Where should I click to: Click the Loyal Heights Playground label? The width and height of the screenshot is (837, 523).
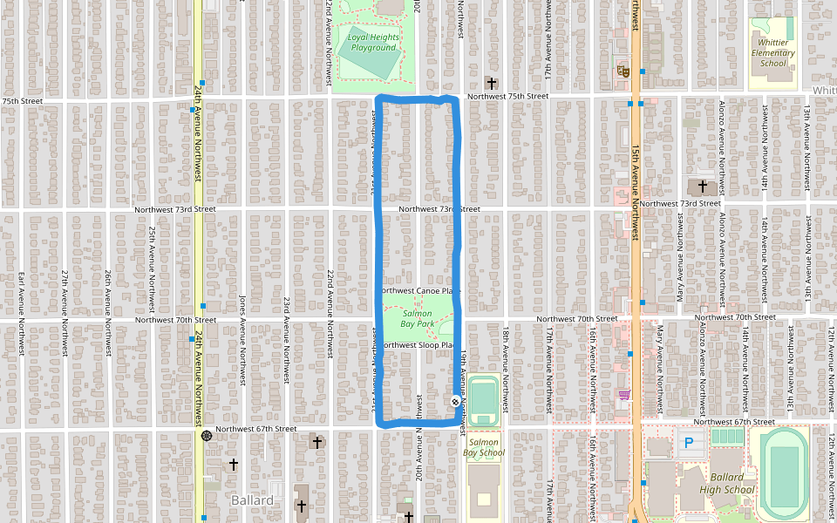373,43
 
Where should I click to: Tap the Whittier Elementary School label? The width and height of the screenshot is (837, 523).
773,52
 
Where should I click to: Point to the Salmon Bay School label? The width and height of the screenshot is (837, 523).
483,447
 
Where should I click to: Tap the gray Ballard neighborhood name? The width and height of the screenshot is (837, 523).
252,500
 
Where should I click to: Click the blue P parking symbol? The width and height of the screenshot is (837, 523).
688,444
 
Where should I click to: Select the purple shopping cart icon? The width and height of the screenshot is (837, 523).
623,395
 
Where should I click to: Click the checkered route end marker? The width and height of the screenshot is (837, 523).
455,401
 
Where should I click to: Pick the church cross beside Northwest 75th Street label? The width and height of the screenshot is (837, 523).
492,84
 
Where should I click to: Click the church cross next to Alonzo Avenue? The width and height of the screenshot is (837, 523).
702,187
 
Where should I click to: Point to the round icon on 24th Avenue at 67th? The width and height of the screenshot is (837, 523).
206,435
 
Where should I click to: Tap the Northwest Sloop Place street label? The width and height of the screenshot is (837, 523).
418,345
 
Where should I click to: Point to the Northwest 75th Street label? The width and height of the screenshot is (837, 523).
507,97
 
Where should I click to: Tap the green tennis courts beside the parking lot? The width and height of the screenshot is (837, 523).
725,436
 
